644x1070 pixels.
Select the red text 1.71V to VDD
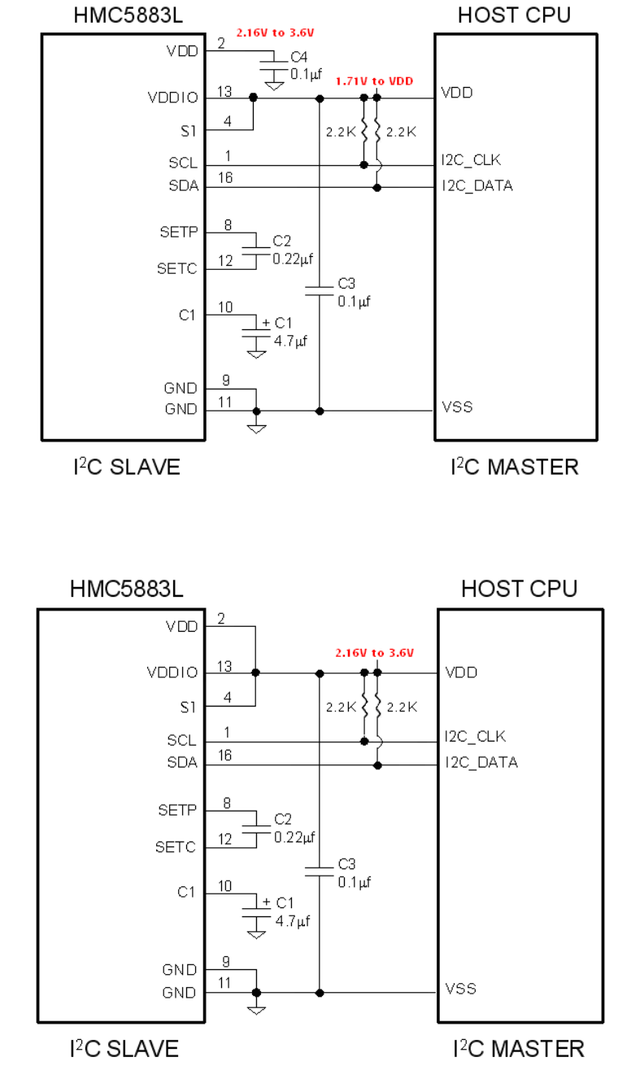click(x=373, y=82)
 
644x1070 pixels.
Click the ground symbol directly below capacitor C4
click(x=274, y=84)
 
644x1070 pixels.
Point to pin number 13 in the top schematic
click(x=224, y=92)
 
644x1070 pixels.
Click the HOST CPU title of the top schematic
click(x=514, y=15)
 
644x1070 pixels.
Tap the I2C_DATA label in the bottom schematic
click(x=481, y=763)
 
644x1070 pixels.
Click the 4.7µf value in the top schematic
click(x=290, y=342)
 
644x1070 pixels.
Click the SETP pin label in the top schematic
click(x=178, y=233)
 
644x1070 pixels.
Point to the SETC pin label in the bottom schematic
click(x=176, y=847)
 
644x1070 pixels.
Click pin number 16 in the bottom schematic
click(x=224, y=755)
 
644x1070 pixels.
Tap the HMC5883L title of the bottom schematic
click(x=126, y=588)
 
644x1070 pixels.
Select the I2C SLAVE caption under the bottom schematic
click(x=124, y=1048)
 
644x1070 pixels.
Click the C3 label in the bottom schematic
click(x=347, y=863)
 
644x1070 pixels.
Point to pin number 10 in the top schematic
click(x=225, y=307)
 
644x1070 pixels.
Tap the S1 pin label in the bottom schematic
click(x=188, y=707)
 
